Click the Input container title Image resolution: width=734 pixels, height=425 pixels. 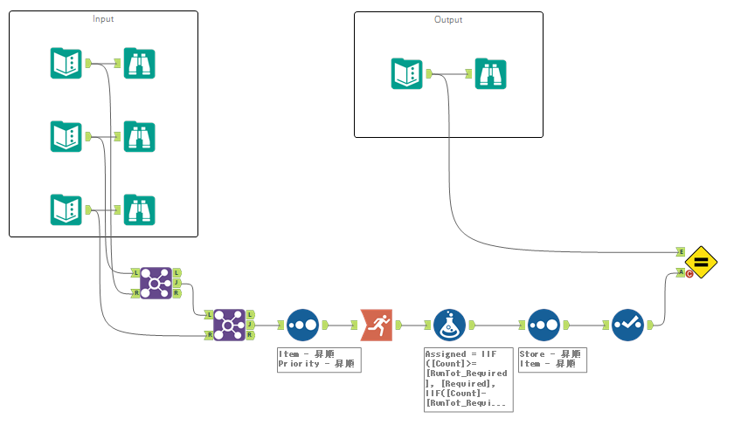[x=103, y=18]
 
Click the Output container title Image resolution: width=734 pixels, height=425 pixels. [x=448, y=19]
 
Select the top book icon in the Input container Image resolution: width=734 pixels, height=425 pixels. [x=66, y=64]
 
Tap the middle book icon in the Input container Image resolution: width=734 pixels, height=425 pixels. [x=66, y=136]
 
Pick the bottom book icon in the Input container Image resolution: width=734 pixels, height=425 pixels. [x=66, y=209]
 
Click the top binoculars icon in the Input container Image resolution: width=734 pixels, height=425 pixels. [x=140, y=64]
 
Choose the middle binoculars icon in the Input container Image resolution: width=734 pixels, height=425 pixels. [x=140, y=136]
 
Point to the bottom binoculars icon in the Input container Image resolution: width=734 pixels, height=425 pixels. [x=140, y=209]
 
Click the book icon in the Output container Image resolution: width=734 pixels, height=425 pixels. [x=407, y=73]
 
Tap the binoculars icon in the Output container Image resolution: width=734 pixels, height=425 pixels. [x=491, y=73]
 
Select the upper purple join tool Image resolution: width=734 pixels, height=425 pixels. [x=156, y=283]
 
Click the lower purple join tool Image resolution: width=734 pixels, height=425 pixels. [x=229, y=325]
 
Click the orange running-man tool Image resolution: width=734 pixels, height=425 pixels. [x=377, y=325]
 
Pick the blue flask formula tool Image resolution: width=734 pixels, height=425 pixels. [x=449, y=325]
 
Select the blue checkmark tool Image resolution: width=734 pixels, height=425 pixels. [x=627, y=325]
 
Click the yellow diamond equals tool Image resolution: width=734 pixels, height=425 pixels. [x=701, y=262]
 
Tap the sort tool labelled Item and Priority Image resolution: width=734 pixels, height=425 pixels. [x=302, y=325]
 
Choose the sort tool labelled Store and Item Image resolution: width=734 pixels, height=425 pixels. [x=544, y=325]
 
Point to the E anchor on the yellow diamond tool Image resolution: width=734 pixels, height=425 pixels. [x=681, y=251]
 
